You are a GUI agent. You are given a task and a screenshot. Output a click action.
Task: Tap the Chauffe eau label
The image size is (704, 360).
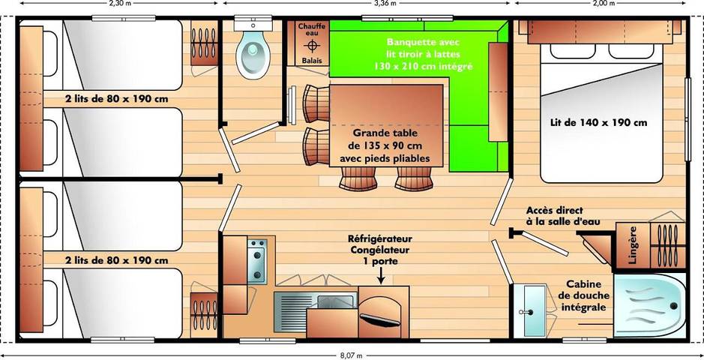point(311,30)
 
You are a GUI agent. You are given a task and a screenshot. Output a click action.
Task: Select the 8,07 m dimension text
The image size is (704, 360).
point(352,355)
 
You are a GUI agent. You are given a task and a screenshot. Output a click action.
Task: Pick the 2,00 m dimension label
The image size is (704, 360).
point(602,4)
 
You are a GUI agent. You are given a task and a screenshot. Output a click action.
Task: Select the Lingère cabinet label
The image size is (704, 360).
point(632,244)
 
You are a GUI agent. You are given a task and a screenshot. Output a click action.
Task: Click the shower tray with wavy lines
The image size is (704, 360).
point(649,303)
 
